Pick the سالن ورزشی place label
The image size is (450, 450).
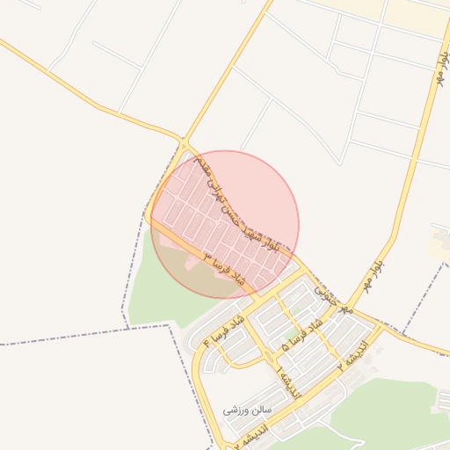tap(249, 410)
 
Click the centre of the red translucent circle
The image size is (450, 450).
tap(225, 224)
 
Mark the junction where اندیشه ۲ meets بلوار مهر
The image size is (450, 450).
tap(381, 327)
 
